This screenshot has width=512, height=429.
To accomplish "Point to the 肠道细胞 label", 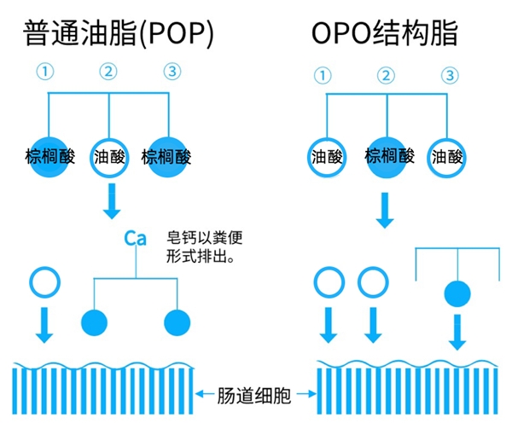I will coord(255,394).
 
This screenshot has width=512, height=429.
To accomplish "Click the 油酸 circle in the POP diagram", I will coord(108,157).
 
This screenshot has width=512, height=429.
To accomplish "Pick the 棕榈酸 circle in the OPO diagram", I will coord(388,156).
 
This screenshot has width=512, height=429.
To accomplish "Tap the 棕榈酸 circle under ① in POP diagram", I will coord(49,157).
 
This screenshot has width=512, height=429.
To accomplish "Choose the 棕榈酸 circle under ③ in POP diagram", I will coord(167,157).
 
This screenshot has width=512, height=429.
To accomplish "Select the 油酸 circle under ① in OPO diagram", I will coord(328,157).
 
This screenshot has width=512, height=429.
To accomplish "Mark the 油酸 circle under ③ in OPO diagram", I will coord(447,157).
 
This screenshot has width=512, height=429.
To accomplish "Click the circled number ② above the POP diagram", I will coord(108,73).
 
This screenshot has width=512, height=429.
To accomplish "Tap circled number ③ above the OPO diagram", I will coord(448,75).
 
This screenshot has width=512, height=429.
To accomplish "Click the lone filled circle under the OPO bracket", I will coord(457,293).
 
